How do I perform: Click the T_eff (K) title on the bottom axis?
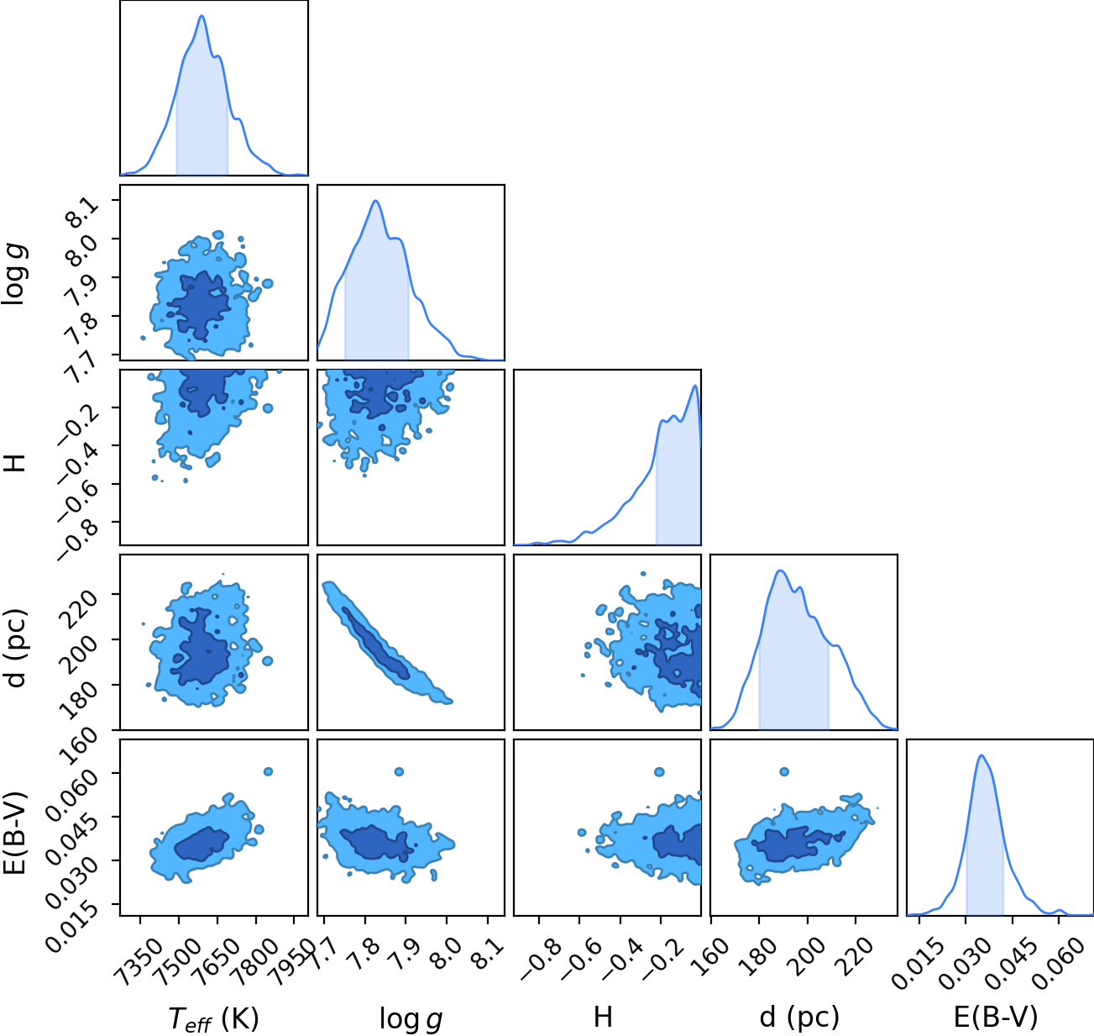click(214, 1018)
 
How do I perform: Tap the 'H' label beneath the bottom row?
click(603, 1017)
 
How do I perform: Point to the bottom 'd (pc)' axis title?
click(799, 1018)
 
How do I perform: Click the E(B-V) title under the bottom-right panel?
click(996, 1017)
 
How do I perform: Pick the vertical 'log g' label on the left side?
click(14, 275)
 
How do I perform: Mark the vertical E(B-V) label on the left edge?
click(14, 832)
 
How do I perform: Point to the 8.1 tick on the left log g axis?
click(83, 212)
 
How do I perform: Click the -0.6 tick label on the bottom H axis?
click(582, 954)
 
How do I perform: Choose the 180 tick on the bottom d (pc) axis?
click(759, 949)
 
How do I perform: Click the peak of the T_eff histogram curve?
click(202, 16)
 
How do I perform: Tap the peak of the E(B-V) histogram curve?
click(981, 756)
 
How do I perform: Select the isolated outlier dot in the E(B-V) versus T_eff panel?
click(268, 771)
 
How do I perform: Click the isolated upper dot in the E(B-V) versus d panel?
click(784, 771)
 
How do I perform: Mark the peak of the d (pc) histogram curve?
click(780, 571)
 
